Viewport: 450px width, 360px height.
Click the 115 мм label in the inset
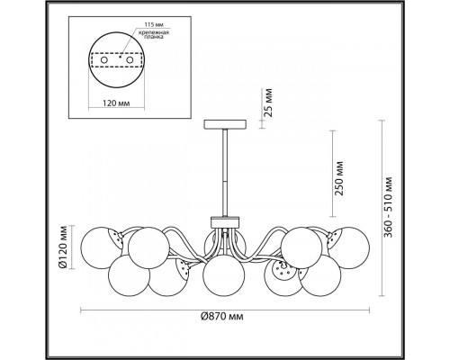(154, 24)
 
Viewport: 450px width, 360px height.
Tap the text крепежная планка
(154, 35)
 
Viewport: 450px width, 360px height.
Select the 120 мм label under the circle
(116, 103)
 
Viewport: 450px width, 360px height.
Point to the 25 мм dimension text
(268, 103)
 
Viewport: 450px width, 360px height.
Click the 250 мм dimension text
(339, 178)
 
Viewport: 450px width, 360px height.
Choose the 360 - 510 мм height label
(389, 207)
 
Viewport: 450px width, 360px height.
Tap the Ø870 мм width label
(222, 317)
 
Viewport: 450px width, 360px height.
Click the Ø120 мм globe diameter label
(63, 247)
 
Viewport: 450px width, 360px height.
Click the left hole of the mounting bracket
(104, 60)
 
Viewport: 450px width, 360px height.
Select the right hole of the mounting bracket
(130, 60)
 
